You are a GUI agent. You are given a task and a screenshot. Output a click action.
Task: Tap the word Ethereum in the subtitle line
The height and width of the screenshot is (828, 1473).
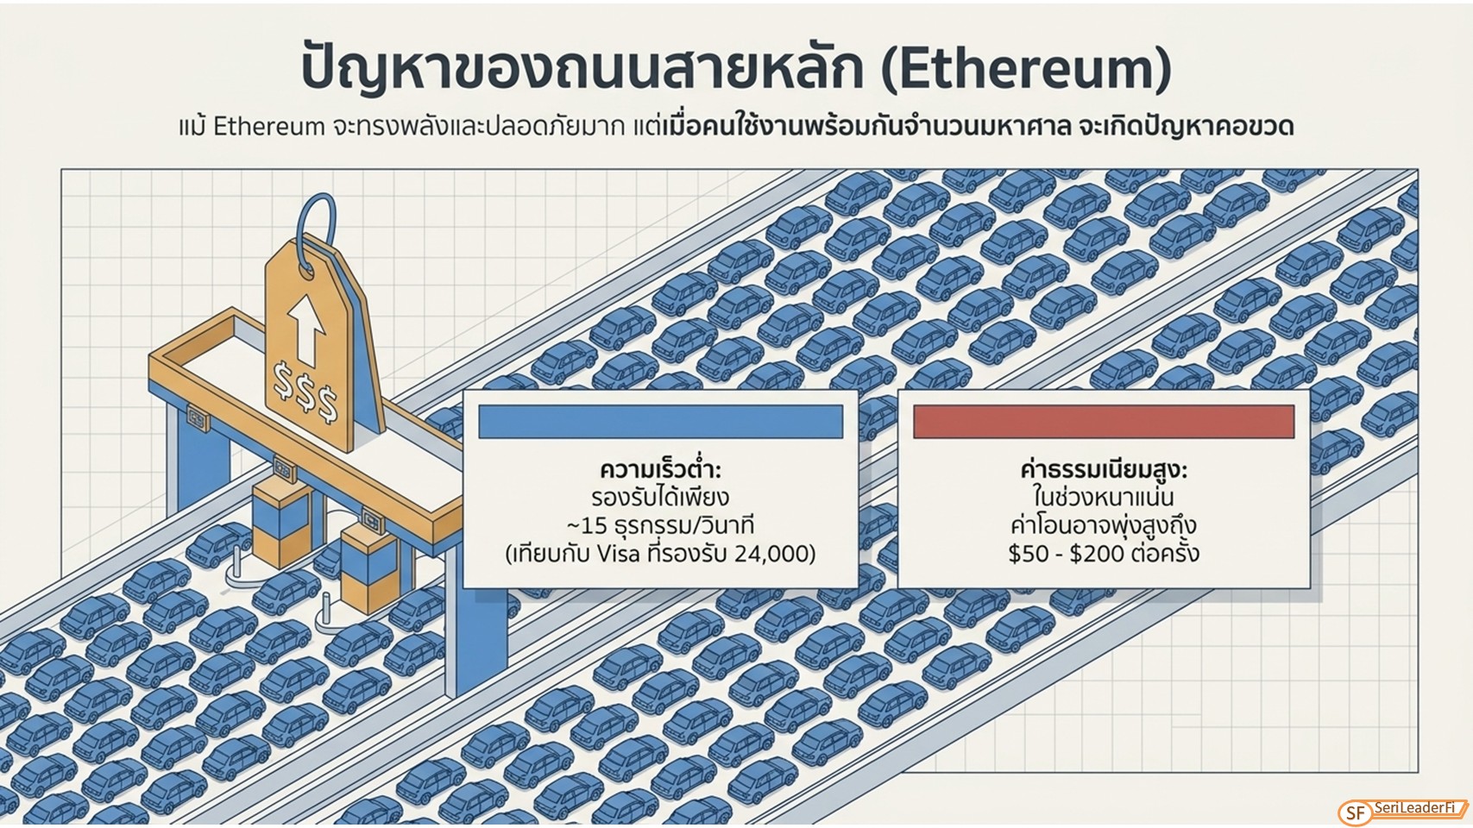[269, 126]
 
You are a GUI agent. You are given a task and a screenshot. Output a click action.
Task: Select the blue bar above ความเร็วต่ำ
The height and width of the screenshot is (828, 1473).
[660, 421]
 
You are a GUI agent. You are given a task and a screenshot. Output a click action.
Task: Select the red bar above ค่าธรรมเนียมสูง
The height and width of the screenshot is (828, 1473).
[1104, 421]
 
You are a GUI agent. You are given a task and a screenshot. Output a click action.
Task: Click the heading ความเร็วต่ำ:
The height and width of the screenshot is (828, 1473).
[660, 471]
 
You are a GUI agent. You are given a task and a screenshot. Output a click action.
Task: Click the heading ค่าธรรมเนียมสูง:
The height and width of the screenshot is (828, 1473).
[1104, 471]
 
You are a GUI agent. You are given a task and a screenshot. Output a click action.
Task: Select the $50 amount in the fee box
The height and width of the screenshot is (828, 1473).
[1029, 554]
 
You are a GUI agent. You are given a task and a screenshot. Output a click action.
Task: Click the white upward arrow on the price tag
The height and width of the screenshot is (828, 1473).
[306, 329]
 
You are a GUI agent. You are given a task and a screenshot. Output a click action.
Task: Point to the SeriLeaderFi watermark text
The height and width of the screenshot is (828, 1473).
[1413, 807]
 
